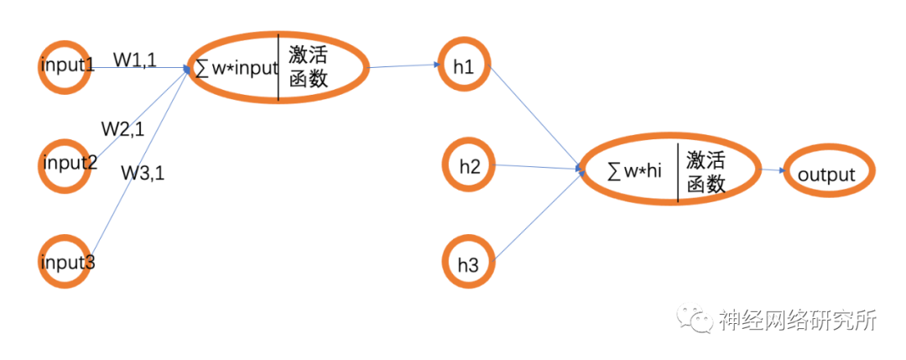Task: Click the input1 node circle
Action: [x=64, y=66]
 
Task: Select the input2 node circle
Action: [x=66, y=163]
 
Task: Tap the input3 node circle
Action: [x=66, y=261]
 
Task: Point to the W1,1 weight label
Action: [x=135, y=60]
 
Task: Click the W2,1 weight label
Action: [x=122, y=129]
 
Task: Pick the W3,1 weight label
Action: [x=143, y=173]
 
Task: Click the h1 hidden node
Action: [x=464, y=67]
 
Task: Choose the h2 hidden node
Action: [x=469, y=166]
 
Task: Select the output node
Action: [x=826, y=175]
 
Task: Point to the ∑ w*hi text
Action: [x=635, y=171]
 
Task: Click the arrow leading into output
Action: [x=774, y=171]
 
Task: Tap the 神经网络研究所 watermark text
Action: [x=797, y=320]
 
